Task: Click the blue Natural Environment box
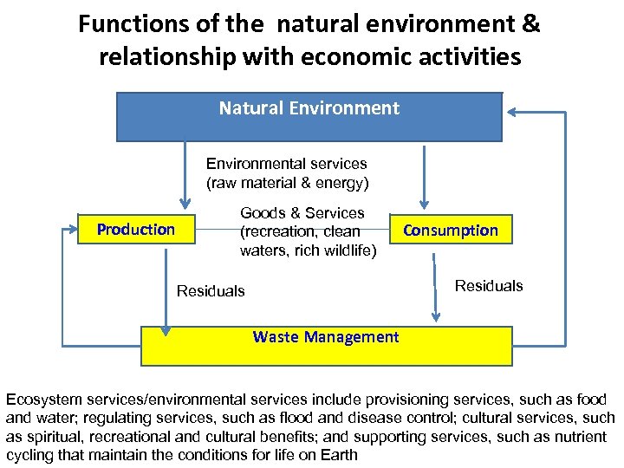click(309, 116)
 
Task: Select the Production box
click(135, 230)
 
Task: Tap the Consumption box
click(450, 231)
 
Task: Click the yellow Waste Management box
click(326, 345)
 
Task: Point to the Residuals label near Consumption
click(489, 286)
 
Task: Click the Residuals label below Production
click(211, 291)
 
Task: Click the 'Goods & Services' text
click(302, 213)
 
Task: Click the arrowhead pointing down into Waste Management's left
click(166, 328)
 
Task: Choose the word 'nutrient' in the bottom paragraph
click(580, 437)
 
